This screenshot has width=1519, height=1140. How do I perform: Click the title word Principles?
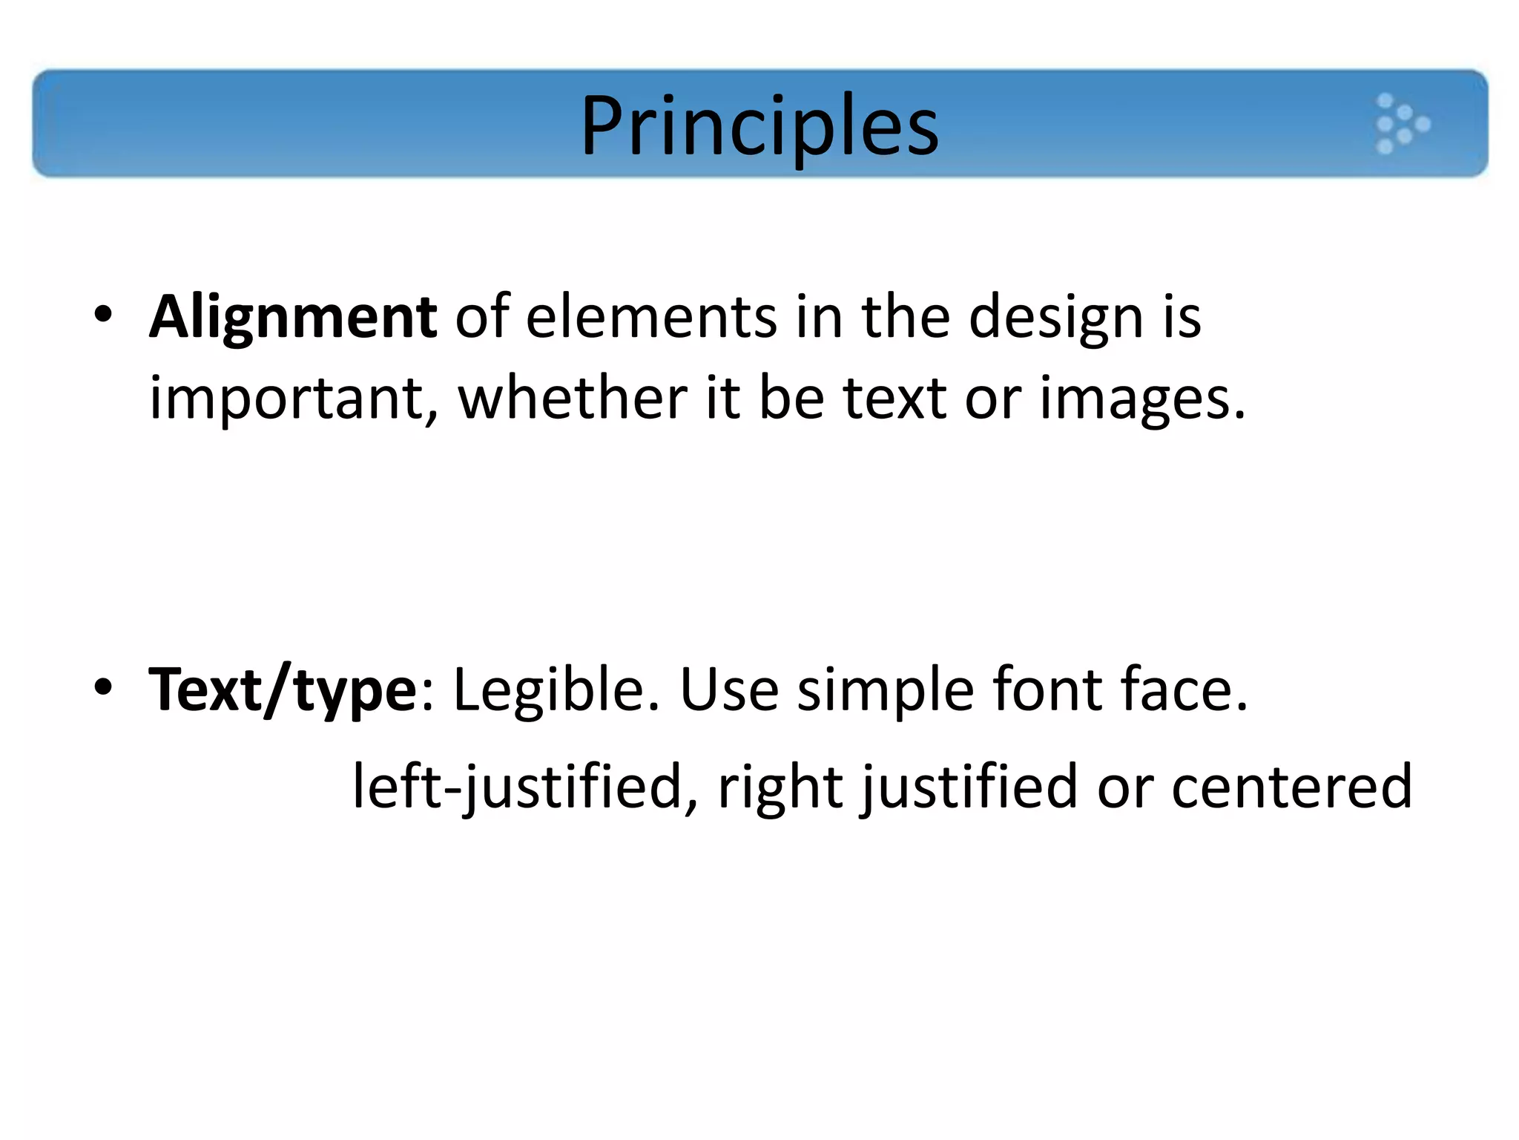pos(759,126)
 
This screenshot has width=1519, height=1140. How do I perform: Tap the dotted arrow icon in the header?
pos(1401,124)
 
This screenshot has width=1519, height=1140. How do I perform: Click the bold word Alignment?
pos(293,318)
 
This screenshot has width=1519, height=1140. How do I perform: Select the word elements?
pos(652,318)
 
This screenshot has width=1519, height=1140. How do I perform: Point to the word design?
pos(1056,318)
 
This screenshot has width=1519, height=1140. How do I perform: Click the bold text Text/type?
pos(283,691)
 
